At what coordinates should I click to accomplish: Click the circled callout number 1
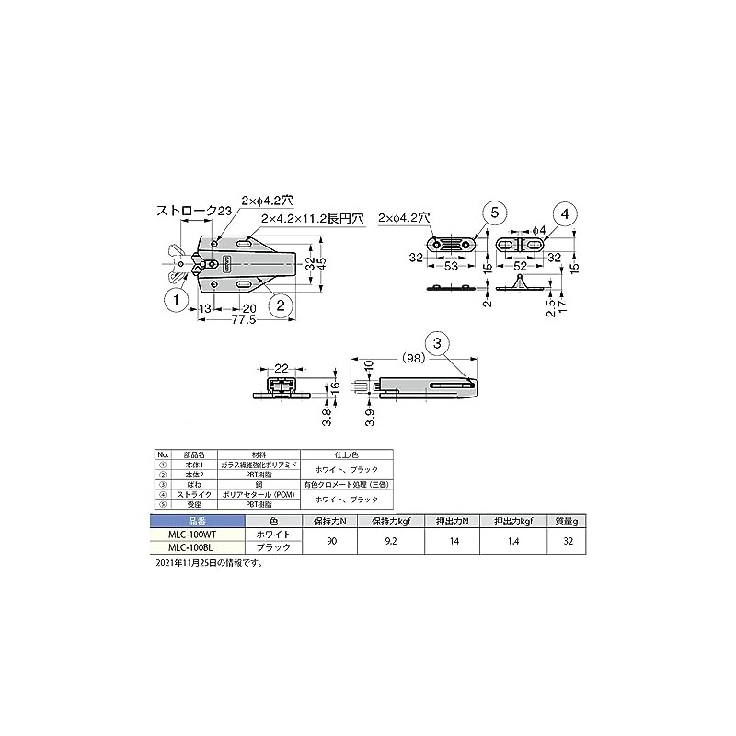pos(172,298)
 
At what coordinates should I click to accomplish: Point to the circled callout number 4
pos(567,213)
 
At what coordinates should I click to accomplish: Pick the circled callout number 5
pos(493,213)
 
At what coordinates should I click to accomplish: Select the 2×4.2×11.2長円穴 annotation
pos(313,219)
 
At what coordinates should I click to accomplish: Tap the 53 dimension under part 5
pos(453,266)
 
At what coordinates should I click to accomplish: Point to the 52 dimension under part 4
pos(521,266)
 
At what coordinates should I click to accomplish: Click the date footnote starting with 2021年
pos(210,561)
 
